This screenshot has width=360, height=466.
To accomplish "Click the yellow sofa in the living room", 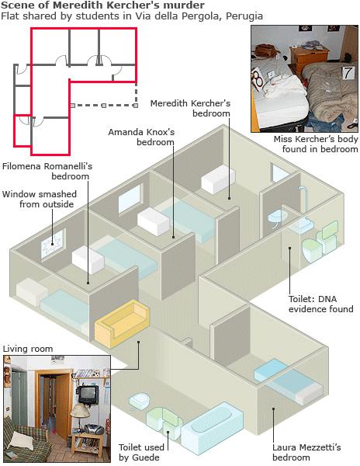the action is (x=122, y=324).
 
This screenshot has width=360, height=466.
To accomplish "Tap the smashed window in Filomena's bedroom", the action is (x=54, y=244).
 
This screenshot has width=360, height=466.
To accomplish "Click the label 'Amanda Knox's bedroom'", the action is (x=141, y=137).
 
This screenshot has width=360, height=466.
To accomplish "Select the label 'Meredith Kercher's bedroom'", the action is (x=190, y=108).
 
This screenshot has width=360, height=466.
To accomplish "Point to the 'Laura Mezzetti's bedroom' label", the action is (x=306, y=452).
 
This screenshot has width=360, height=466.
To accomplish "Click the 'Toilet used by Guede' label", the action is (x=141, y=452).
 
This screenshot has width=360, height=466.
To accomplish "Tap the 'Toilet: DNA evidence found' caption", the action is (x=321, y=304).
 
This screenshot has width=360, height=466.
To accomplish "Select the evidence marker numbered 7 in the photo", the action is (x=348, y=72).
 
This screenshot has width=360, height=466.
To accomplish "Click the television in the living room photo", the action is (x=88, y=395).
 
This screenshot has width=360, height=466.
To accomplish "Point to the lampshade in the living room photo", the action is (x=80, y=411).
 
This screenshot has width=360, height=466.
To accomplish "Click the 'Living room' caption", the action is (x=28, y=349).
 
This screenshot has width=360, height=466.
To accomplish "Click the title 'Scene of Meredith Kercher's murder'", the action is (x=102, y=5).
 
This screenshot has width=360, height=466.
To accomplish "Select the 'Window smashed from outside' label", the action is (x=39, y=199).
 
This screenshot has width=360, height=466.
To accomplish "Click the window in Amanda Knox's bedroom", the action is (x=130, y=198).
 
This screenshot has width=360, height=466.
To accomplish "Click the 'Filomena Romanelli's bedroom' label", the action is (x=47, y=171).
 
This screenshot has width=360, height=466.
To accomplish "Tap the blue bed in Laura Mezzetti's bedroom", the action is (x=287, y=381).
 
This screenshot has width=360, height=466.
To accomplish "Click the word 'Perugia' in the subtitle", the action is (x=244, y=16).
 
